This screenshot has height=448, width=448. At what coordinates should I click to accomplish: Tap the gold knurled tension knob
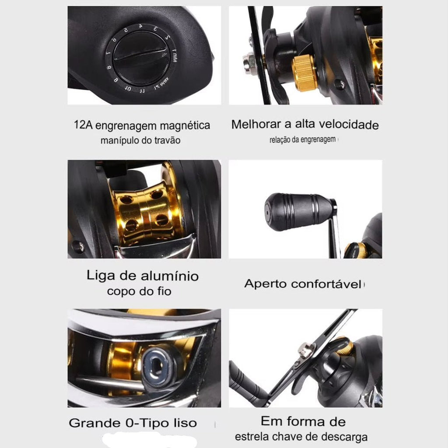(305, 73)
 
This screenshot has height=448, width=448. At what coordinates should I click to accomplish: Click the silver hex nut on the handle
(249, 64)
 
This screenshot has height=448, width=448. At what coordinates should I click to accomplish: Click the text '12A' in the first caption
(83, 125)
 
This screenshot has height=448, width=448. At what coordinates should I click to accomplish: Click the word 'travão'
(168, 140)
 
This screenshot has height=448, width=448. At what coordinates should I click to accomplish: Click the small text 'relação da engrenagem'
(303, 140)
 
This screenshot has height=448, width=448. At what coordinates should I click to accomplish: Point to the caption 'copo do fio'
(139, 291)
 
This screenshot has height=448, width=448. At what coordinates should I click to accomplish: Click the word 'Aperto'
(265, 284)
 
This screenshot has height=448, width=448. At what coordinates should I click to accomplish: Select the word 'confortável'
(326, 284)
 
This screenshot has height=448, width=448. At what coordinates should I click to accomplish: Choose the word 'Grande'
(94, 423)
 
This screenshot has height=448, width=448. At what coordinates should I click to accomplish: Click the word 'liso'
(185, 423)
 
